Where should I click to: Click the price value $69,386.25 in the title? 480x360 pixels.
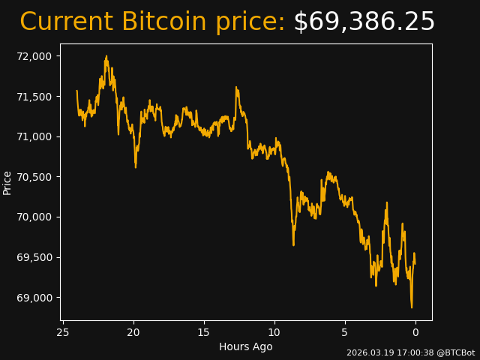click(364, 22)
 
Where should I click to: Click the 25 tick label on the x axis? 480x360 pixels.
click(63, 332)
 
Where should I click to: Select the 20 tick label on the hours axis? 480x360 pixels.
click(133, 332)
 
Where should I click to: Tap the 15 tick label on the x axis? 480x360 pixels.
click(204, 332)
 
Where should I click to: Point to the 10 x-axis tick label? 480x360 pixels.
click(274, 332)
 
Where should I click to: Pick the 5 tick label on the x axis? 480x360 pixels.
click(345, 332)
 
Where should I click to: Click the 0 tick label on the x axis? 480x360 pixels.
click(415, 332)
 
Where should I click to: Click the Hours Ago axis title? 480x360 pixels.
click(245, 346)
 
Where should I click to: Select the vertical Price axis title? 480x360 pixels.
click(7, 182)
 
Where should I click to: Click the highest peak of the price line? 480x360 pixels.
click(106, 56)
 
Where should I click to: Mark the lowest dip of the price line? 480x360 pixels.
click(411, 307)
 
